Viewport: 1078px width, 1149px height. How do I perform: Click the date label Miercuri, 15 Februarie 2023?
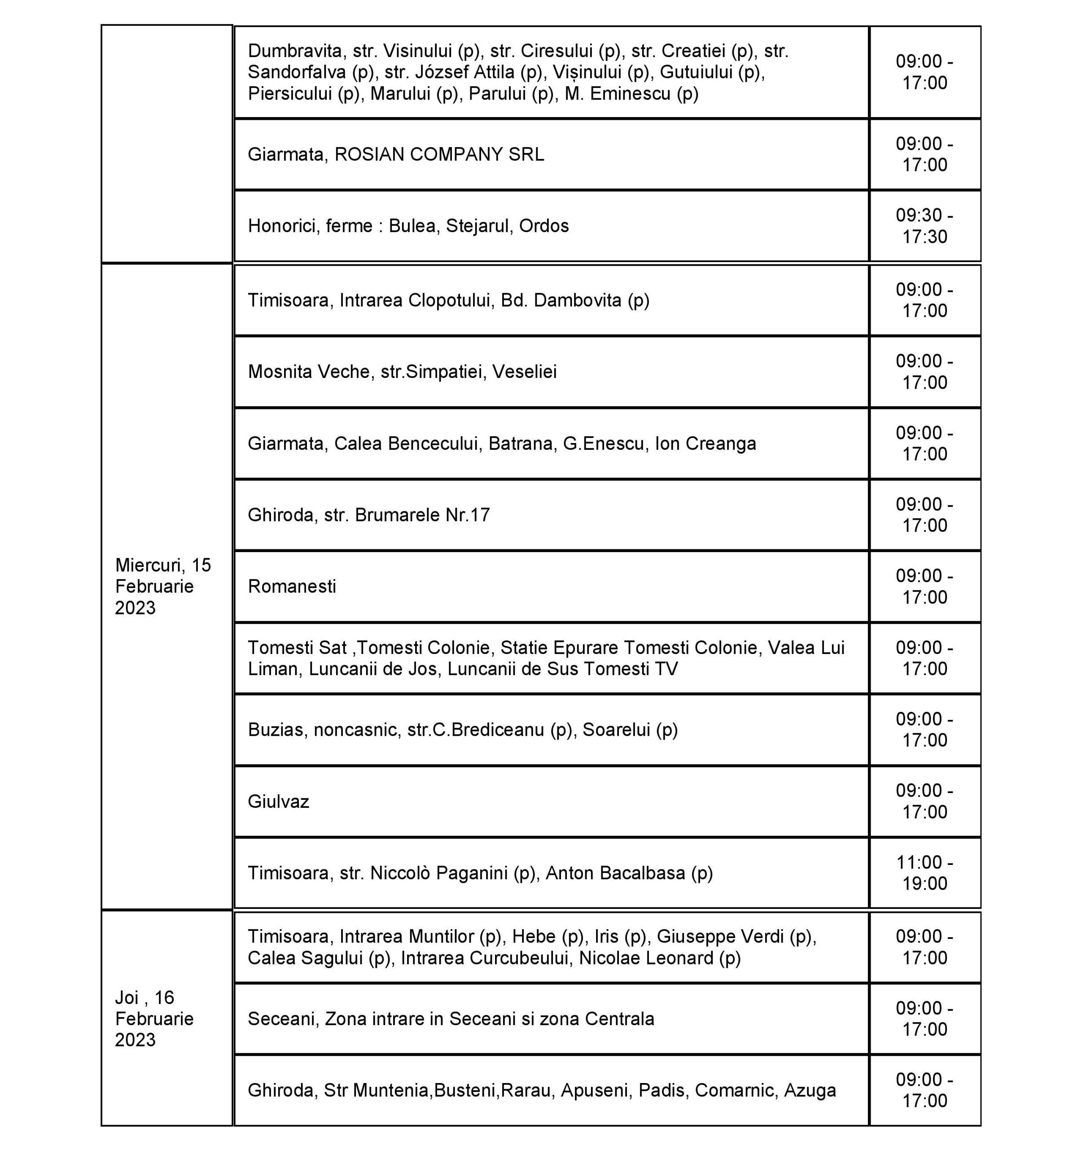click(x=163, y=586)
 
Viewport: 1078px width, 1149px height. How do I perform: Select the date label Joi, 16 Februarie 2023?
click(x=154, y=1018)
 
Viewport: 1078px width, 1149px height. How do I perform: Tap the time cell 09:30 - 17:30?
click(x=924, y=225)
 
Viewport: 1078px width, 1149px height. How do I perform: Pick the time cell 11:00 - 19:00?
click(x=924, y=873)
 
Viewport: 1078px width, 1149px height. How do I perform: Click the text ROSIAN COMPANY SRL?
click(x=439, y=154)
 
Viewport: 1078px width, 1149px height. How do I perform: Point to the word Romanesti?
click(x=292, y=586)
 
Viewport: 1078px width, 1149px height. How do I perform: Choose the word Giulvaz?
click(x=279, y=802)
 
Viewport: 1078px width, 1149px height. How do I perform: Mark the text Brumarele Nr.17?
click(x=422, y=514)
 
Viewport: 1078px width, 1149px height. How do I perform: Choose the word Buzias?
click(x=275, y=730)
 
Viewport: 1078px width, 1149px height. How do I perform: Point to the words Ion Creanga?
click(x=705, y=443)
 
